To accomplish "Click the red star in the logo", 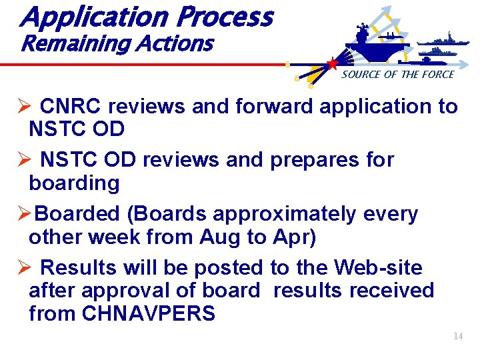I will tap(331, 64).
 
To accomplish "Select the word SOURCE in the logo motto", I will tap(361, 75).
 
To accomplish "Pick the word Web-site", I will tap(378, 268).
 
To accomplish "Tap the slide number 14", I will tap(457, 337).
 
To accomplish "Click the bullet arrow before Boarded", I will tap(23, 214).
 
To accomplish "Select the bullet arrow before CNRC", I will tap(23, 107).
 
